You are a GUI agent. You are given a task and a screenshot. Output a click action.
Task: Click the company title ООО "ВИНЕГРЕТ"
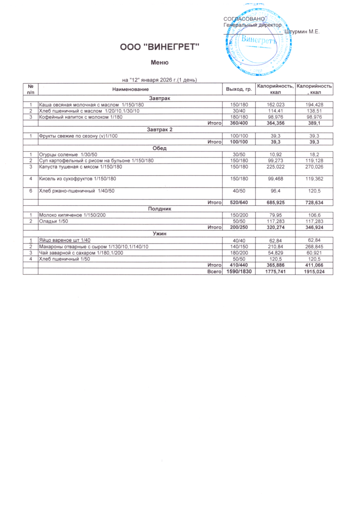pyautogui.click(x=159, y=47)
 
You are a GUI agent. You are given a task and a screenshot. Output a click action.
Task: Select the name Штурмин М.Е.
pyautogui.click(x=302, y=31)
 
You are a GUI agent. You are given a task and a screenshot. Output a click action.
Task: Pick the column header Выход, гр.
pyautogui.click(x=239, y=89)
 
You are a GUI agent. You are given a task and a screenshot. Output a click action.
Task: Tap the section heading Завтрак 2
pyautogui.click(x=159, y=129)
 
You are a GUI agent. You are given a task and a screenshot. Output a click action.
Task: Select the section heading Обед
pyautogui.click(x=159, y=149)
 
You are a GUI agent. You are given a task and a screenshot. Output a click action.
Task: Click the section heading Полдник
pyautogui.click(x=159, y=208)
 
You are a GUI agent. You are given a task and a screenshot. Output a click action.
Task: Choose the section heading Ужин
pyautogui.click(x=159, y=233)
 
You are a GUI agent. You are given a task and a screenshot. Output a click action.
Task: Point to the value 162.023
pyautogui.click(x=273, y=105)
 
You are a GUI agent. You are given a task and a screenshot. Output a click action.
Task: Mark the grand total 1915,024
pyautogui.click(x=314, y=272)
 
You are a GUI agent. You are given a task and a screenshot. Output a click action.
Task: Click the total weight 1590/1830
pyautogui.click(x=239, y=272)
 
